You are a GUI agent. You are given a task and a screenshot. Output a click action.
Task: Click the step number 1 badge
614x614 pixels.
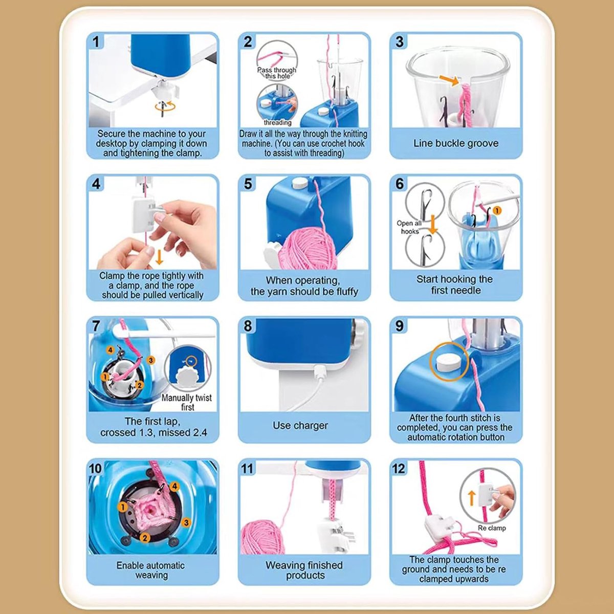(96, 42)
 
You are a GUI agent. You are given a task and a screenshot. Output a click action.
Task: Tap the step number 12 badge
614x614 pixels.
(399, 468)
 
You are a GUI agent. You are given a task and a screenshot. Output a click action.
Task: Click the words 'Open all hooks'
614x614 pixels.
(409, 227)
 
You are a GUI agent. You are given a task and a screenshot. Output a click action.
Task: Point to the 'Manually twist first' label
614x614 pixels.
(187, 402)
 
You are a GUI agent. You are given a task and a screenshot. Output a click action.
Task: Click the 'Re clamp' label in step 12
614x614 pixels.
(492, 528)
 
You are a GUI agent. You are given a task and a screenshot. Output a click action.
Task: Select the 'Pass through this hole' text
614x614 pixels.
(277, 73)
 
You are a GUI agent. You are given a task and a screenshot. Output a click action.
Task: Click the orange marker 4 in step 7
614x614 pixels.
(110, 350)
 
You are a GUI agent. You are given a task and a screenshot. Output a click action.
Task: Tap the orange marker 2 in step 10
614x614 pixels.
(145, 538)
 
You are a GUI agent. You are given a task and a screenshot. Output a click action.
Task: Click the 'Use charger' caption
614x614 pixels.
(300, 425)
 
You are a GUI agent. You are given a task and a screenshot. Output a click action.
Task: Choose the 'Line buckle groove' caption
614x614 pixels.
(456, 143)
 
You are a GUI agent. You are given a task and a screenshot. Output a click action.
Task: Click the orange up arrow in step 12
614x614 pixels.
(472, 498)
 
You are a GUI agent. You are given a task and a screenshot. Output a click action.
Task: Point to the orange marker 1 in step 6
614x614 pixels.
(497, 210)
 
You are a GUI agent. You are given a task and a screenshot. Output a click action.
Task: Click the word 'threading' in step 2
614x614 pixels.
(277, 122)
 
